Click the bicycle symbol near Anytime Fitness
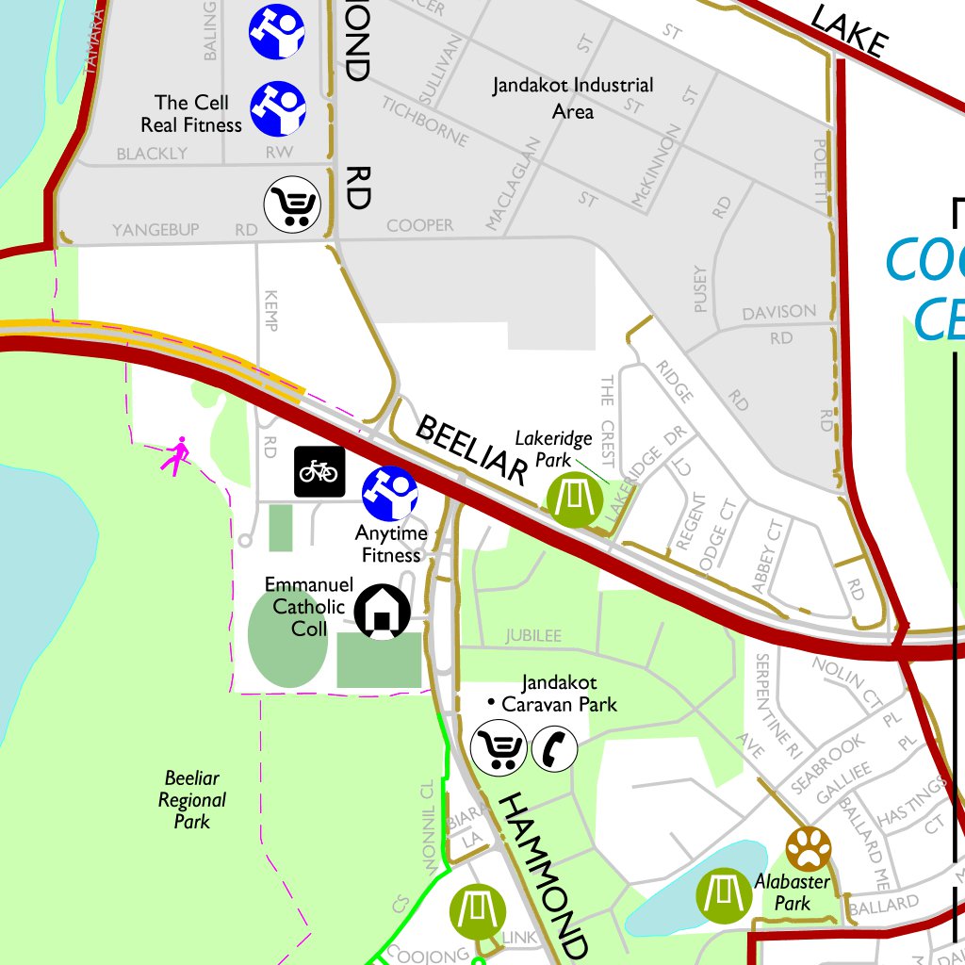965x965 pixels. point(320,471)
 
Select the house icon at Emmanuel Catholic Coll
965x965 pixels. point(383,612)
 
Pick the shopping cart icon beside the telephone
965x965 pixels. point(499,747)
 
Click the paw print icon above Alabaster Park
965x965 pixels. point(810,847)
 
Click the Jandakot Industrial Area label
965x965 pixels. point(572,98)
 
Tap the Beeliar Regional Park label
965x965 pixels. point(192,799)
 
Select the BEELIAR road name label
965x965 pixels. point(468,450)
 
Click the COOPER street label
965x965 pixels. point(419,225)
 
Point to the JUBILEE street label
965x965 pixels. point(533,636)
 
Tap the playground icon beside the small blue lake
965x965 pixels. point(724,894)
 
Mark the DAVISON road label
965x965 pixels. point(779,312)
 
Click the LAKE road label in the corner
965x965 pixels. point(849,29)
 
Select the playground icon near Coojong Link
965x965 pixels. point(478,911)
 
